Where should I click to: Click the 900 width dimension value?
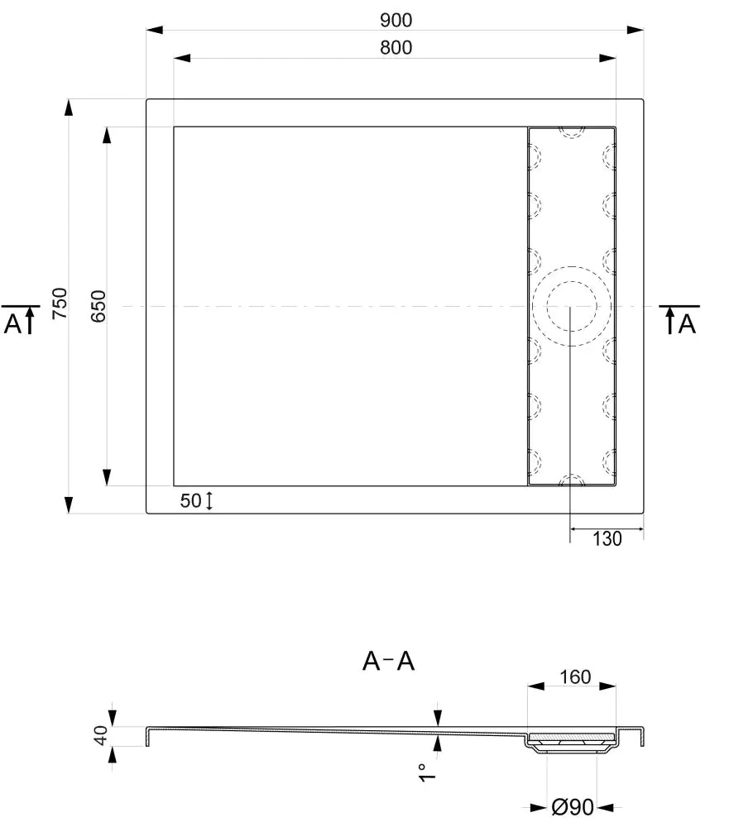pyautogui.click(x=396, y=20)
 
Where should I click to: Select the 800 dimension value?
pyautogui.click(x=396, y=47)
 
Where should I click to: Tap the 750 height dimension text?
pyautogui.click(x=60, y=303)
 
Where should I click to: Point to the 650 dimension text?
pyautogui.click(x=98, y=306)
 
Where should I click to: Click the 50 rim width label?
pyautogui.click(x=190, y=500)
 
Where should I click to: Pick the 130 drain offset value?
pyautogui.click(x=607, y=539)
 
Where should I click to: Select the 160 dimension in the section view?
pyautogui.click(x=575, y=676)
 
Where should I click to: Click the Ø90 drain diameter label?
pyautogui.click(x=573, y=807)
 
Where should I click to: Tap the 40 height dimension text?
pyautogui.click(x=100, y=735)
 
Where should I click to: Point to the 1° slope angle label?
pyautogui.click(x=427, y=772)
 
